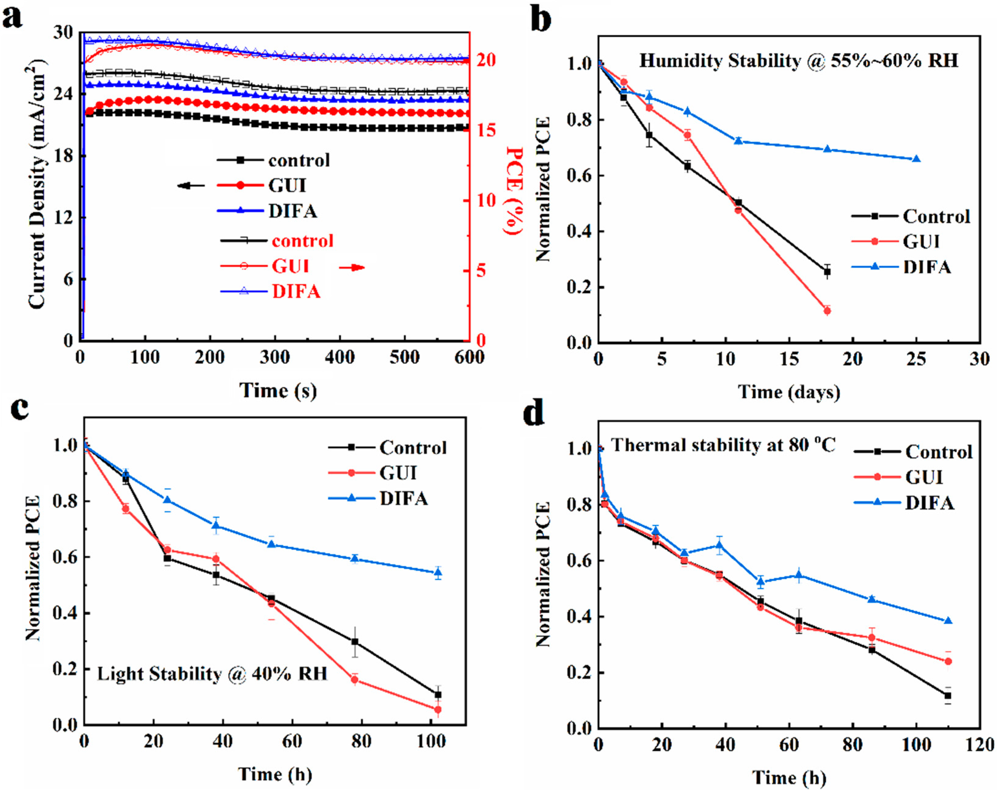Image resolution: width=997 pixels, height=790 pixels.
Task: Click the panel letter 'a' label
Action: tap(13, 20)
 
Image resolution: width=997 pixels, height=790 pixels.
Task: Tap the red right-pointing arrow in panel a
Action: tap(352, 267)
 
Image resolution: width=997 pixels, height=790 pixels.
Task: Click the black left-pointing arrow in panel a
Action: tap(191, 186)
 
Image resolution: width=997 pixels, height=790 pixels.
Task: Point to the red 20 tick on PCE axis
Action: tap(485, 60)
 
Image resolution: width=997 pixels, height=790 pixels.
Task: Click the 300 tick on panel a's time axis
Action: tap(275, 357)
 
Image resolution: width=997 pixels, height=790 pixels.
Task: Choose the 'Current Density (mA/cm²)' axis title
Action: tap(37, 185)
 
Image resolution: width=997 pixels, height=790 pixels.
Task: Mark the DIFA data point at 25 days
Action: tap(916, 159)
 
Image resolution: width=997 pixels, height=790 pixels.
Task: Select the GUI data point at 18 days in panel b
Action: tap(827, 311)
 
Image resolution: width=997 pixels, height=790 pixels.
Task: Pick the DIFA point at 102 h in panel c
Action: tap(438, 572)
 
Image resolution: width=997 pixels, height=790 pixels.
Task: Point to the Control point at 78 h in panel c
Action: tap(355, 642)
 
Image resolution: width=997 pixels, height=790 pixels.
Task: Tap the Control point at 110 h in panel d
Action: tap(948, 696)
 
